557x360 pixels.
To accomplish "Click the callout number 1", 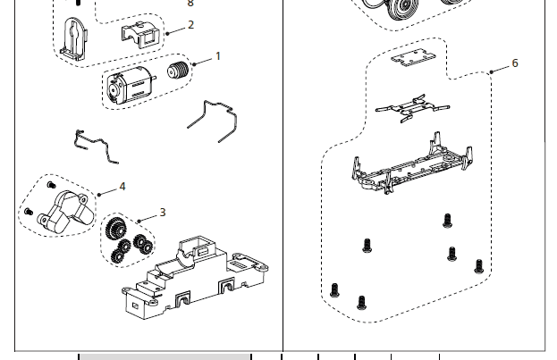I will coord(218,56).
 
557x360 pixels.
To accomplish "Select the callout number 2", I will coord(190,25).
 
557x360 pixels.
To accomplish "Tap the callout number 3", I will coord(163,213).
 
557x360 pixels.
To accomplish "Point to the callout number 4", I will coord(122,187).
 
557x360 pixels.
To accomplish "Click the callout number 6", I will coord(515,63).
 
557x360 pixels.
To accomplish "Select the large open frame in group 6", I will coord(411,168).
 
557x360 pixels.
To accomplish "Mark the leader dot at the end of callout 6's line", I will coord(491,71).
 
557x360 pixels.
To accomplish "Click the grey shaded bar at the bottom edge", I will coord(165,356).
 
